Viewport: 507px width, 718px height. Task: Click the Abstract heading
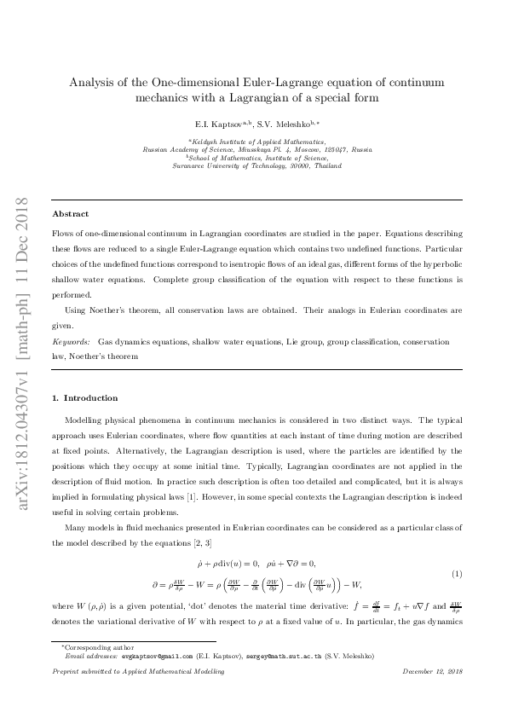(x=70, y=214)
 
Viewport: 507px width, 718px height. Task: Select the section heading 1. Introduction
(x=85, y=398)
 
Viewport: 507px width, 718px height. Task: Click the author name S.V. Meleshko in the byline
(x=287, y=124)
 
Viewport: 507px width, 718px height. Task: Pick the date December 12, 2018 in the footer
(x=432, y=673)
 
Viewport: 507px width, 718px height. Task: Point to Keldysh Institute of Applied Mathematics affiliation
(x=257, y=141)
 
